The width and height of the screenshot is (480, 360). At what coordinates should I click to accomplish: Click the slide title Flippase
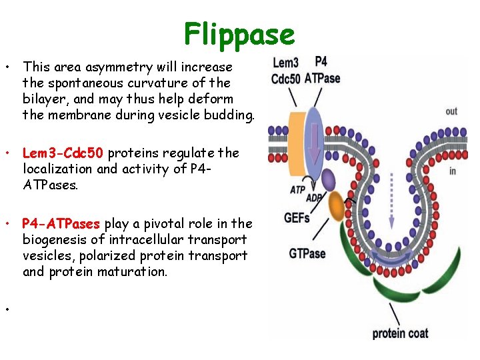coord(239,33)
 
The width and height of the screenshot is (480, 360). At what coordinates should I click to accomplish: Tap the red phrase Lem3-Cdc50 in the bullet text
coord(63,153)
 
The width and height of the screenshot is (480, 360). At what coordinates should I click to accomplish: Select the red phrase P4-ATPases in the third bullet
coord(61,223)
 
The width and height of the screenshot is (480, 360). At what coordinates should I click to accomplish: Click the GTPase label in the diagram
coord(307,253)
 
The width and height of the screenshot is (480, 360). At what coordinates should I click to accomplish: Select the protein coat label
coord(400,333)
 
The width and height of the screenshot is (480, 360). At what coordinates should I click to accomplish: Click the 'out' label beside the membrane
coord(451,111)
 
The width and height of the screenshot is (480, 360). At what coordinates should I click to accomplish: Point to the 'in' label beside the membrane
coord(453,171)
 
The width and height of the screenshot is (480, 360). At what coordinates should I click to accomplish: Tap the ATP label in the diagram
coord(298,190)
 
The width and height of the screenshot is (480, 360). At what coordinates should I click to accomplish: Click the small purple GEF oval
coord(328,179)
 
